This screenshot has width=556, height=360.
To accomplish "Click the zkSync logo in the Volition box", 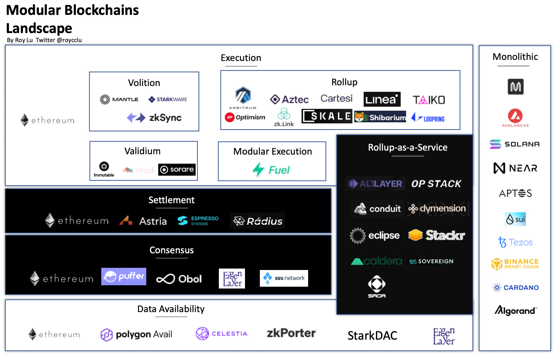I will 154,118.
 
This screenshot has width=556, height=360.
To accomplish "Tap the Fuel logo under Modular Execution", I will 271,169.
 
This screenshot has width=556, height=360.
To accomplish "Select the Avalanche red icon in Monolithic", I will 515,116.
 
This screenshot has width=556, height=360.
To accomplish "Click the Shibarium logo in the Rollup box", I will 380,117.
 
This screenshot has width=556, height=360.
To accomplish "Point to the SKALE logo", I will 327,116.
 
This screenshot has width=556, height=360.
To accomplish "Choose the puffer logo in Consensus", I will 123,277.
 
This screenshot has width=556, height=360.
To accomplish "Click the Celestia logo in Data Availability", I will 221,334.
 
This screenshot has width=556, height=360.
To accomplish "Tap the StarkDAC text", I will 372,336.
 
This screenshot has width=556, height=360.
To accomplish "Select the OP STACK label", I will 436,184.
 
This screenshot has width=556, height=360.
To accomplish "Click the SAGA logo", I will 377,286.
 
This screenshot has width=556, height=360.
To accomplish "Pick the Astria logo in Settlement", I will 143,221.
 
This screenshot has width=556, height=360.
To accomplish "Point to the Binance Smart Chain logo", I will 515,264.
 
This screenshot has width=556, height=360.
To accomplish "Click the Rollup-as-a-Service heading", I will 408,147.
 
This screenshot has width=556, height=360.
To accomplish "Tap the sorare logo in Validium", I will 177,169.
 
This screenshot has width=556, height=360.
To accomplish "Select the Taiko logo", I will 429,100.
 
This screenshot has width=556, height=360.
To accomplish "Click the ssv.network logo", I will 284,278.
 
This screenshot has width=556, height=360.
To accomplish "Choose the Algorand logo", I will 515,311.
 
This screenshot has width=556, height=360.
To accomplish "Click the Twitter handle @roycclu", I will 69,40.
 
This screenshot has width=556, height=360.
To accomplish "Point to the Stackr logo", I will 436,235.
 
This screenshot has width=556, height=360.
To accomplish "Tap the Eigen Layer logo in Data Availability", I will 443,336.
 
